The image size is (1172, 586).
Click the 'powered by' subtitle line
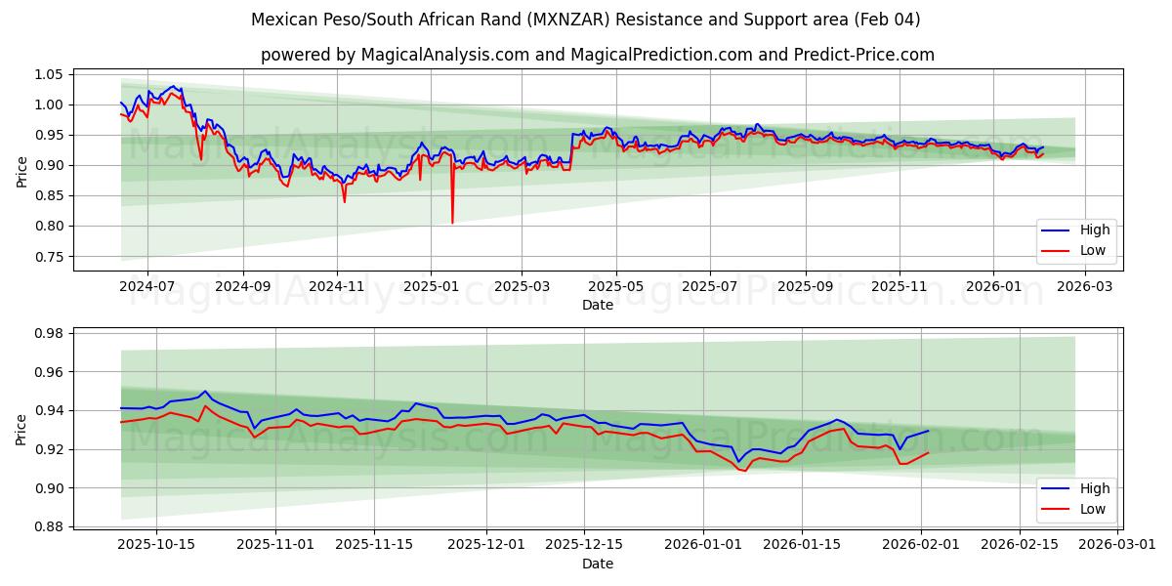coord(598,55)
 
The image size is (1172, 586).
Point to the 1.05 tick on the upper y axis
coord(48,74)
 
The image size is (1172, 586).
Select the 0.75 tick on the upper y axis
coord(48,257)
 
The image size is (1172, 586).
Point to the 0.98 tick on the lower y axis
coord(48,333)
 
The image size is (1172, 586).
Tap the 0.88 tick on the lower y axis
coord(48,526)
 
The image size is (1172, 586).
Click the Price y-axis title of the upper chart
coord(21,172)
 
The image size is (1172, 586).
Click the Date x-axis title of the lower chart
coord(598,564)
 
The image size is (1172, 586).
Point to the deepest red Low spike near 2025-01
coord(452,222)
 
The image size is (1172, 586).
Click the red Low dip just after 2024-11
coord(344,201)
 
